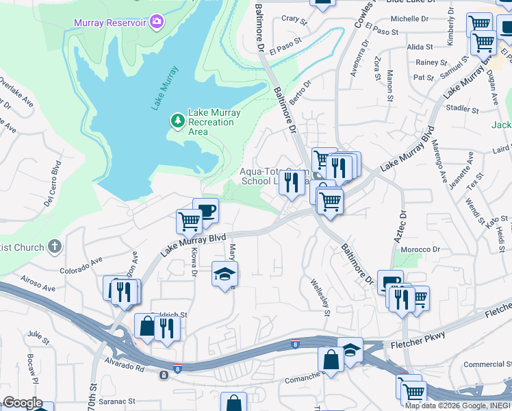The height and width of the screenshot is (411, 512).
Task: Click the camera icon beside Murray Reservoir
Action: pos(157,23)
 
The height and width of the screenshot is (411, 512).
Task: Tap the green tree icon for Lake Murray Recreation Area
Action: pos(178,121)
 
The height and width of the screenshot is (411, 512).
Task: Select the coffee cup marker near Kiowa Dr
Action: pos(205,210)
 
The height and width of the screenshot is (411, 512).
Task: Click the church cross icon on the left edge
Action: pos(55,247)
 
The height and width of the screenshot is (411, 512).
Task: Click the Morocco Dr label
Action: pos(420,249)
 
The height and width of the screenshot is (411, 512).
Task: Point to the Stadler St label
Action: pos(461,108)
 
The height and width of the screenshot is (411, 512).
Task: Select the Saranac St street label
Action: pos(119,401)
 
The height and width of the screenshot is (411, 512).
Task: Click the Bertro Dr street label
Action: pos(300,92)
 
